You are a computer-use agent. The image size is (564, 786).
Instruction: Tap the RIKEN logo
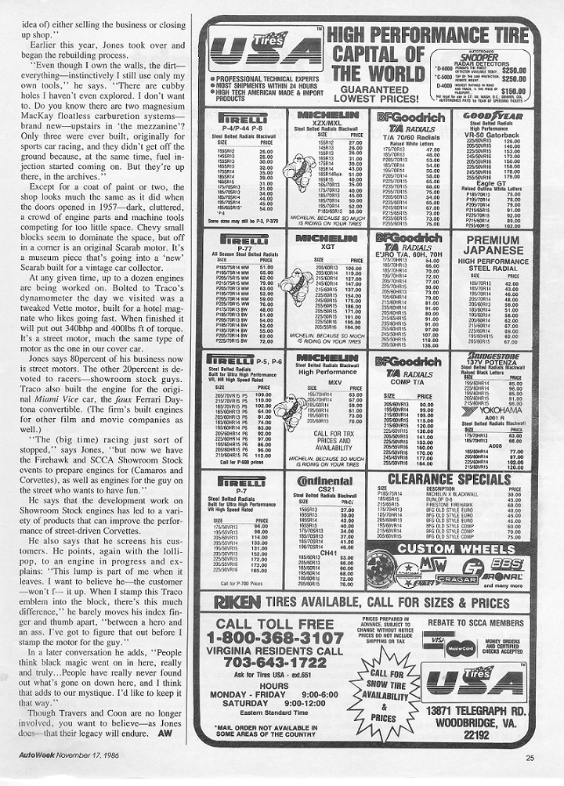tap(233, 603)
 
